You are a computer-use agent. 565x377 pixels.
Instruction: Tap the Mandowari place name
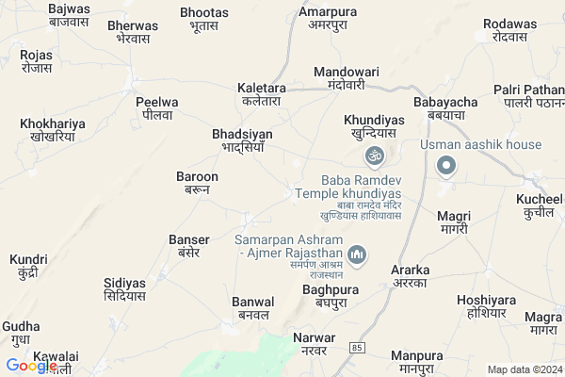345,77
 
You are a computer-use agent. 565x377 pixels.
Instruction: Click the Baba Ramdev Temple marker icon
376,154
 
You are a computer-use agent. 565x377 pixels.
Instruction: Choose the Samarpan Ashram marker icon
357,254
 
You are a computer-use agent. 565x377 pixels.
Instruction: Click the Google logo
31,366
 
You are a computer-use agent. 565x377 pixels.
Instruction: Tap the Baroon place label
197,183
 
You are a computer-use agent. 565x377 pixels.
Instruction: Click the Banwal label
252,308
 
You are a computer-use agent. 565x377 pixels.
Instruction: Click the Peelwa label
156,107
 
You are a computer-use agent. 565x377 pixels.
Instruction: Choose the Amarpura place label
328,18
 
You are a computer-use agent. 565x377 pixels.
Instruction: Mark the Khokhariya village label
53,130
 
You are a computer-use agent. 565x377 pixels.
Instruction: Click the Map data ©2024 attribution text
524,369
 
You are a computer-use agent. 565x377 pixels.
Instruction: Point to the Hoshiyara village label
481,306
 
